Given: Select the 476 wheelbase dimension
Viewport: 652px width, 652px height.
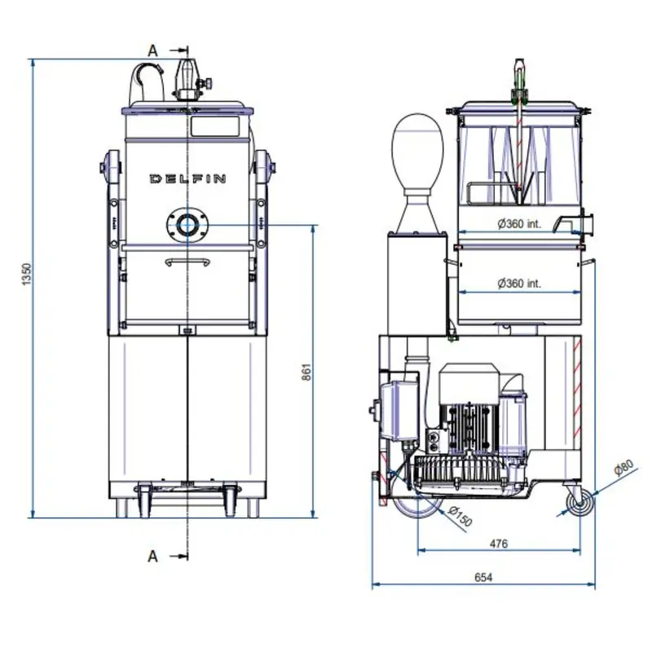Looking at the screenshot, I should click(x=499, y=544).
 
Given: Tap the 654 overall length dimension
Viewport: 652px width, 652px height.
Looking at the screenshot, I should click(x=484, y=577).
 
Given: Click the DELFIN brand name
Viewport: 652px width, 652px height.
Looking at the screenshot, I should click(x=187, y=178).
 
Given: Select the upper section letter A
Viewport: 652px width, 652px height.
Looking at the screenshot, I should click(x=152, y=50).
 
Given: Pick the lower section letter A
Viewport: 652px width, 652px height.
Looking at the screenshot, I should click(x=152, y=556).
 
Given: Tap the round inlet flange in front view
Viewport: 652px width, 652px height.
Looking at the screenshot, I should click(x=187, y=223).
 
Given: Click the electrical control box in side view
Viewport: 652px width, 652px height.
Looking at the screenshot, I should click(x=394, y=405).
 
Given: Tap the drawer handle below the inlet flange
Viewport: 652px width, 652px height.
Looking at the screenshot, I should click(x=187, y=262).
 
